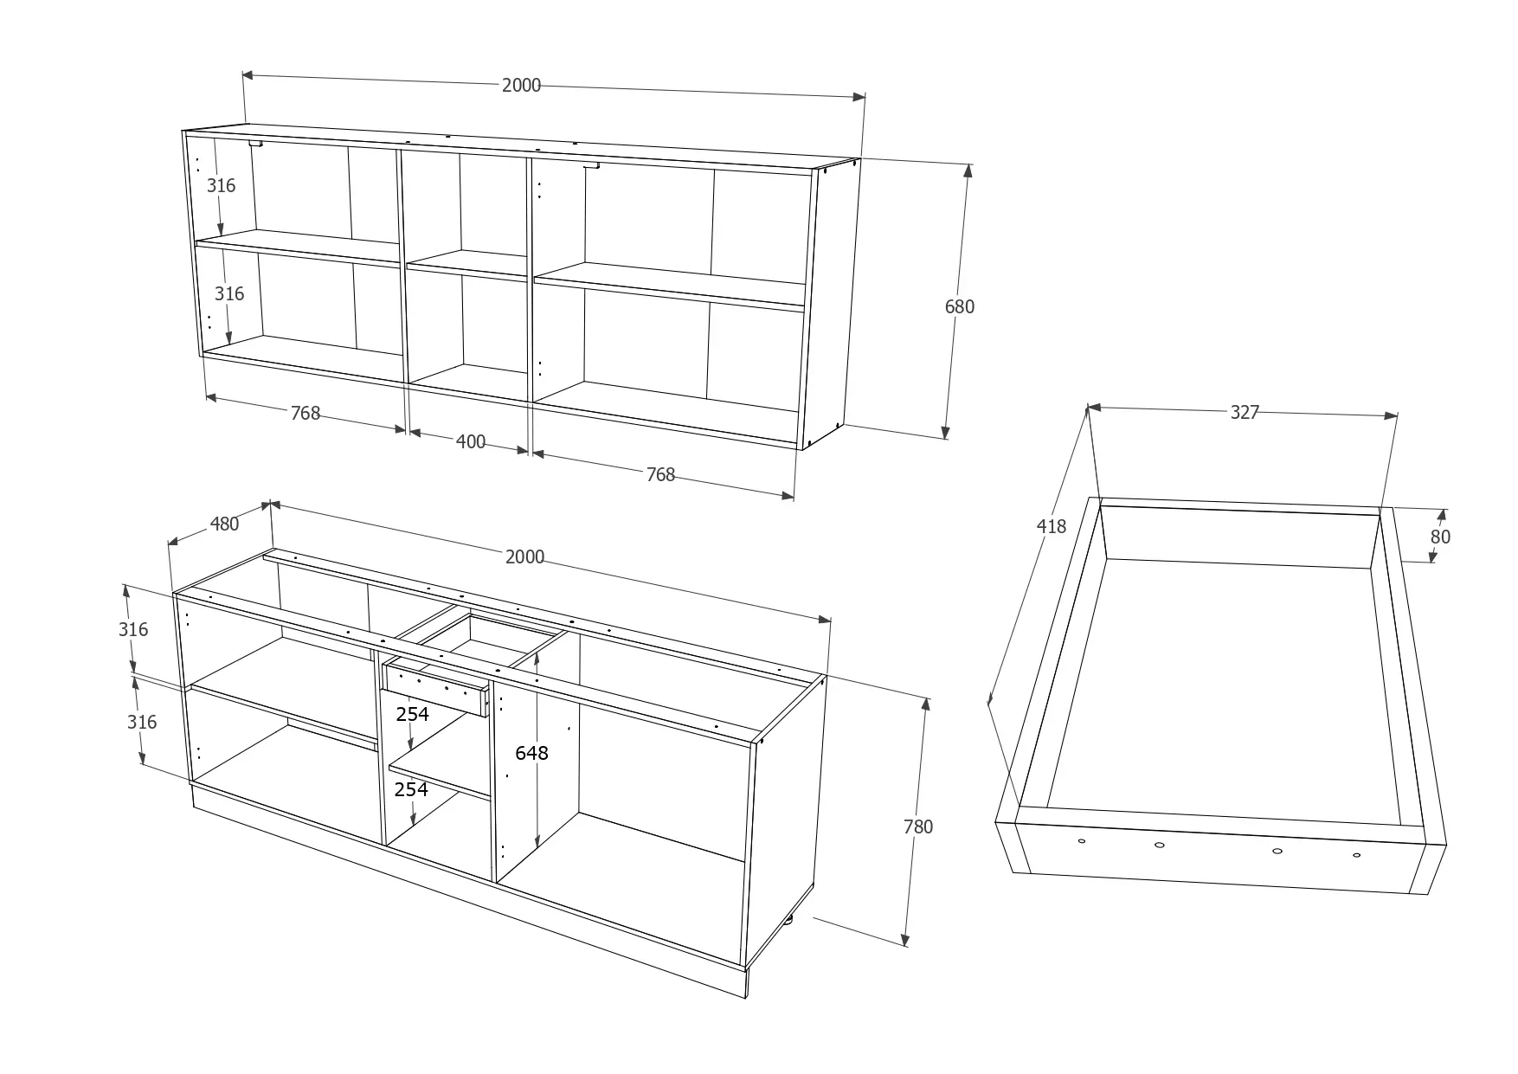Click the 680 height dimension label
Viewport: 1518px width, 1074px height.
point(959,306)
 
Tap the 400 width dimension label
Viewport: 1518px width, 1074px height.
point(470,442)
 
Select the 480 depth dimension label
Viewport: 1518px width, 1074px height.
point(224,524)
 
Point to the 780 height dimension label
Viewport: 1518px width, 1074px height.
point(917,826)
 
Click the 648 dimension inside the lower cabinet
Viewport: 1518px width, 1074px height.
point(531,753)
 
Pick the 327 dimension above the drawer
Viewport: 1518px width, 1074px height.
point(1245,413)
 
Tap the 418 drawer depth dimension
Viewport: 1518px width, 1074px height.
point(1052,525)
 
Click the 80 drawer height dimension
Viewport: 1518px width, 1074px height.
point(1440,537)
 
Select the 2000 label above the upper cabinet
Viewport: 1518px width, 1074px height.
point(521,85)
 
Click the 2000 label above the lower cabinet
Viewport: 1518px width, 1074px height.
point(524,556)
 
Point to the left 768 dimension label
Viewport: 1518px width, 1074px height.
point(305,414)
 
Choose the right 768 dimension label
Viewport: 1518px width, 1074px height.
point(660,474)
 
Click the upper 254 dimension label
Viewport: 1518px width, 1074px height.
point(412,714)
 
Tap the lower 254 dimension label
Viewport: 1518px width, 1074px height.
point(411,789)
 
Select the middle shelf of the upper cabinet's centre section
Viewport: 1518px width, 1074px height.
point(466,266)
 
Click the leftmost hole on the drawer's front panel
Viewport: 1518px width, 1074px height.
point(1081,840)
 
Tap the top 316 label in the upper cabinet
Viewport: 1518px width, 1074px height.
point(221,185)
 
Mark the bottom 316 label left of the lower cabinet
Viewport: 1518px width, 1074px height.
point(142,722)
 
